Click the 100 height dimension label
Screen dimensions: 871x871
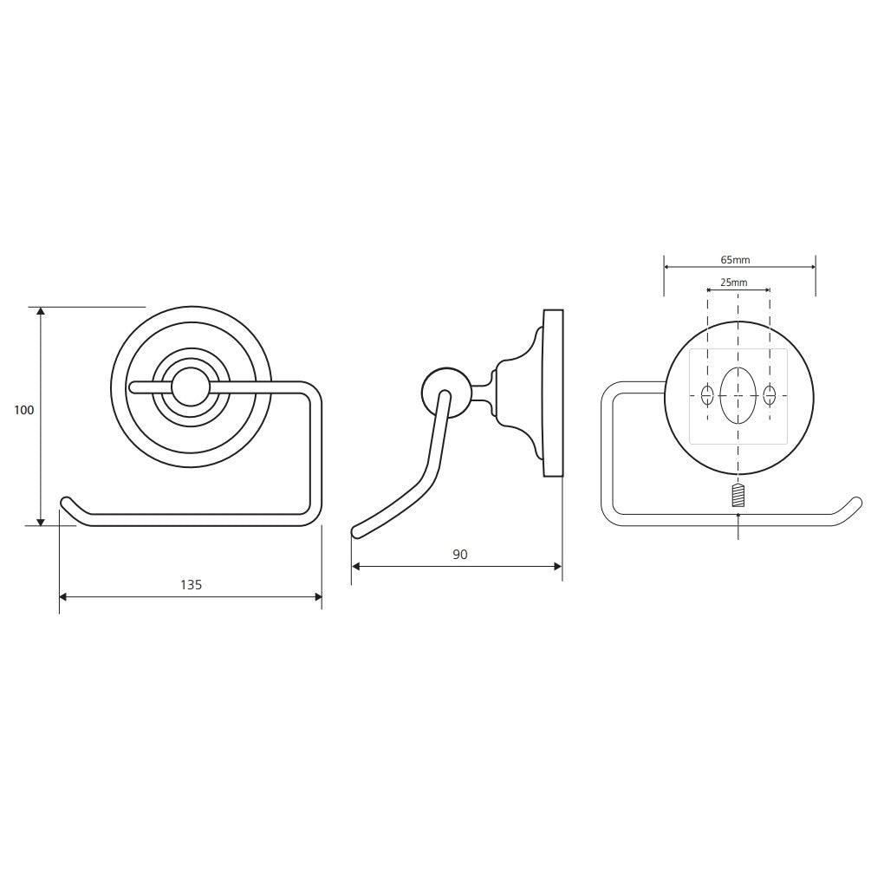[x=24, y=411]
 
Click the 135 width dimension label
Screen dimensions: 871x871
[x=191, y=585]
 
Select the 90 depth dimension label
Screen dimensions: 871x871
[x=460, y=555]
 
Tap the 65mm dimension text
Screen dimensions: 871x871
[x=735, y=259]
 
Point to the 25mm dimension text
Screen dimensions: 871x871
[x=734, y=283]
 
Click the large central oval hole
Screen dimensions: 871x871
[x=738, y=395]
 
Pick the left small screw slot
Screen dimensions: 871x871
[x=707, y=395]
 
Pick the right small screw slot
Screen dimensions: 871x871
[x=770, y=395]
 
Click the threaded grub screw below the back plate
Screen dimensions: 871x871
[x=738, y=496]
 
